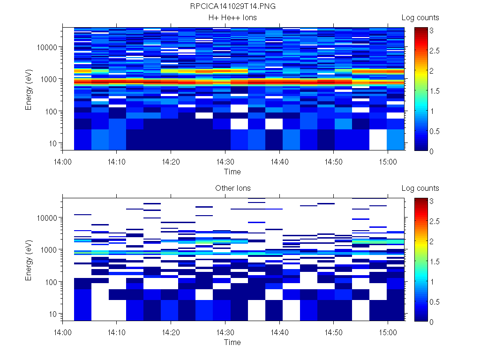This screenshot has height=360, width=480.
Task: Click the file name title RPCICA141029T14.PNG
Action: (x=232, y=7)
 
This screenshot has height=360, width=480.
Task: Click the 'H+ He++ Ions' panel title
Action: (x=232, y=18)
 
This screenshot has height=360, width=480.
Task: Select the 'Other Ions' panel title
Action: (x=232, y=188)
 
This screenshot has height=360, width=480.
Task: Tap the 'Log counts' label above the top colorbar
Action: (x=420, y=18)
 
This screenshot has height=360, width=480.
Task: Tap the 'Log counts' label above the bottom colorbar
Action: (x=420, y=188)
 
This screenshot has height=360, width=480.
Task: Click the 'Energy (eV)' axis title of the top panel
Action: (x=29, y=89)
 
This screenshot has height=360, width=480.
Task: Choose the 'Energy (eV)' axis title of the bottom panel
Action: (x=29, y=259)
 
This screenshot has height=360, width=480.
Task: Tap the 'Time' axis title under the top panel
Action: (x=232, y=172)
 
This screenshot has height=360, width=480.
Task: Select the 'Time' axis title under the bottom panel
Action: (x=232, y=342)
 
